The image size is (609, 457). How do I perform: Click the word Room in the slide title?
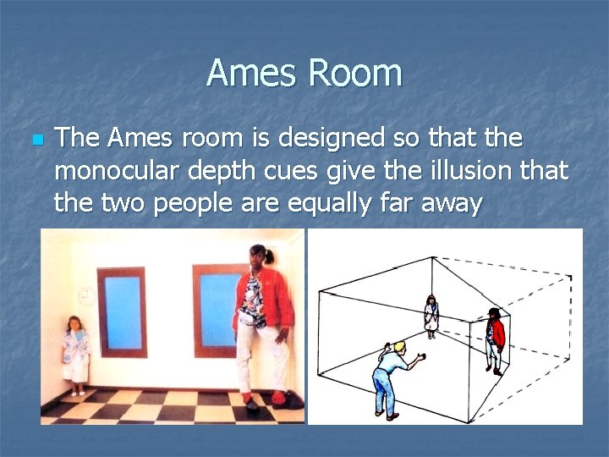[x=355, y=73]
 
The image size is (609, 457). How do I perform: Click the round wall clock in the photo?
[x=87, y=295]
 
